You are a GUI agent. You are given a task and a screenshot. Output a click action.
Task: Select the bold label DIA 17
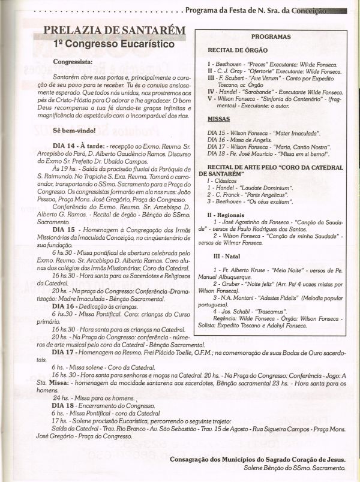(x=64, y=352)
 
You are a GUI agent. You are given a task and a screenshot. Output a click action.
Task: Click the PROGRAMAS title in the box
(x=271, y=37)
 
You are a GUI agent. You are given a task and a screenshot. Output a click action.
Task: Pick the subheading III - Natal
(x=224, y=255)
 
